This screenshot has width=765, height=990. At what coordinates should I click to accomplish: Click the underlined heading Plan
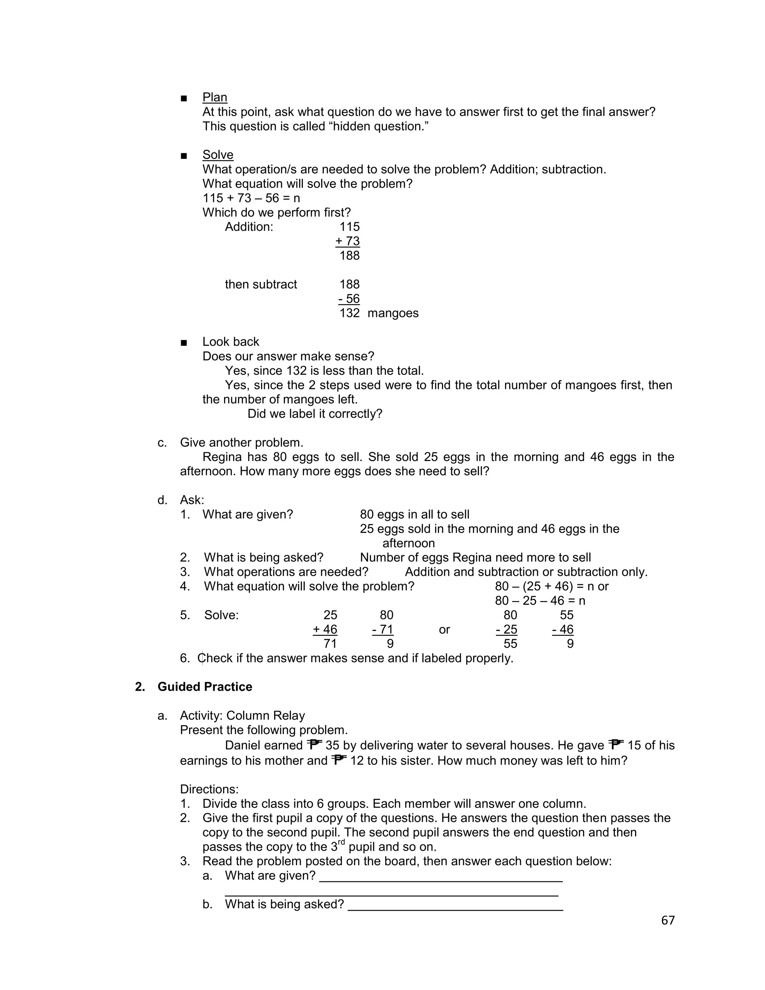(x=214, y=98)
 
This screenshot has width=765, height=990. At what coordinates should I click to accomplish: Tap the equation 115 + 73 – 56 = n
(x=251, y=198)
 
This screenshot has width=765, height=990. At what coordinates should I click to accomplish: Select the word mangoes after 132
(x=393, y=313)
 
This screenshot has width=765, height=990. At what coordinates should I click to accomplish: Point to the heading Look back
(x=231, y=342)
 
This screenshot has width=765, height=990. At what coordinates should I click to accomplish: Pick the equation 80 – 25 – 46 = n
(x=540, y=601)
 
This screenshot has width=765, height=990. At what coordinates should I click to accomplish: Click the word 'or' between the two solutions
(x=444, y=629)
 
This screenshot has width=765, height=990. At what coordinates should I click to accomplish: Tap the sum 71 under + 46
(x=330, y=644)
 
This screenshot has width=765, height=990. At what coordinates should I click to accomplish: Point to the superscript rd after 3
(x=342, y=842)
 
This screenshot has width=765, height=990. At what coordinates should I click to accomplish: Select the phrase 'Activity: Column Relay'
(x=242, y=716)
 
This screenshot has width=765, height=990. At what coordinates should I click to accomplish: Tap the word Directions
(x=209, y=789)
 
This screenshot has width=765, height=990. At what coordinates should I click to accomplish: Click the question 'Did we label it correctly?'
(x=315, y=414)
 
